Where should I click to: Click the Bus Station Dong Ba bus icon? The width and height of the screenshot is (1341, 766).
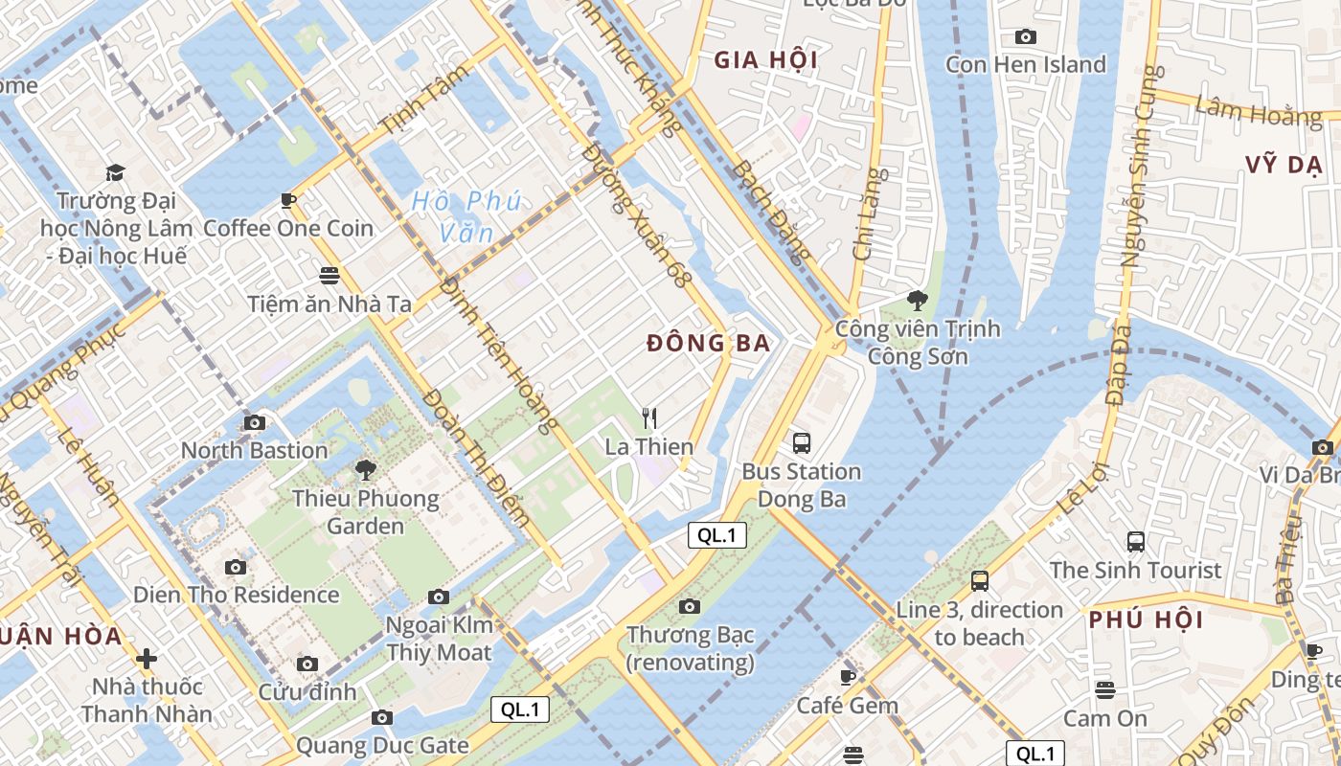pos(802,442)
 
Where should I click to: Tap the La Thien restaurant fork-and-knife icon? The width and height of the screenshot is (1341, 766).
pos(649,417)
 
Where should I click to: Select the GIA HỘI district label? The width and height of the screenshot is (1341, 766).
pos(765,60)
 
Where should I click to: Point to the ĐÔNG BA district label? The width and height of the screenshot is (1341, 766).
pos(708,344)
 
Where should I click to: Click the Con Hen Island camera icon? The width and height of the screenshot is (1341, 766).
pos(1025,36)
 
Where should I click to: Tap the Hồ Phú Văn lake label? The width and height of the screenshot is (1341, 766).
pos(466,216)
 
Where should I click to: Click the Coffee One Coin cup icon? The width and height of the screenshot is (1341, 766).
pos(287,200)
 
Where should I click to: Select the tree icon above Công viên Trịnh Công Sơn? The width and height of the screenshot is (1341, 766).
pos(918,301)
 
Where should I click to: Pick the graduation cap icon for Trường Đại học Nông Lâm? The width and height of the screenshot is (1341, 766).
pos(115,172)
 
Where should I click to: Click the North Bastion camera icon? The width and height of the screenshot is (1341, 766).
pos(254,422)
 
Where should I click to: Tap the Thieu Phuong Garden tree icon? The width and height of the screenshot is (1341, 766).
pos(365,469)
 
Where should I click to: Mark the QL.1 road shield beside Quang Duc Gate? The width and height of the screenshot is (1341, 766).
pos(520,710)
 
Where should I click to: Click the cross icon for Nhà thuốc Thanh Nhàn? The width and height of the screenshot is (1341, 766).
pos(147,659)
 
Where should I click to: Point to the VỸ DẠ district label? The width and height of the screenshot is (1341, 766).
pos(1284,164)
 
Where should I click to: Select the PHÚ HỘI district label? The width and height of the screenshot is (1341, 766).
pos(1146,620)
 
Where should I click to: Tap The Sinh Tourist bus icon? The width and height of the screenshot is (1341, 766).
pos(1135,541)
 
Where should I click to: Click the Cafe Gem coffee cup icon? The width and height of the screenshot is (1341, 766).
pos(847,678)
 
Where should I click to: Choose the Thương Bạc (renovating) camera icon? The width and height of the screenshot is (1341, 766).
pos(689,606)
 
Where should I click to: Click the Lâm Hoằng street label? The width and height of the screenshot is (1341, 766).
pos(1258,111)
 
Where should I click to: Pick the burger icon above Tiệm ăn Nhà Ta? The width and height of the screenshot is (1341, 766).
pos(330,276)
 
